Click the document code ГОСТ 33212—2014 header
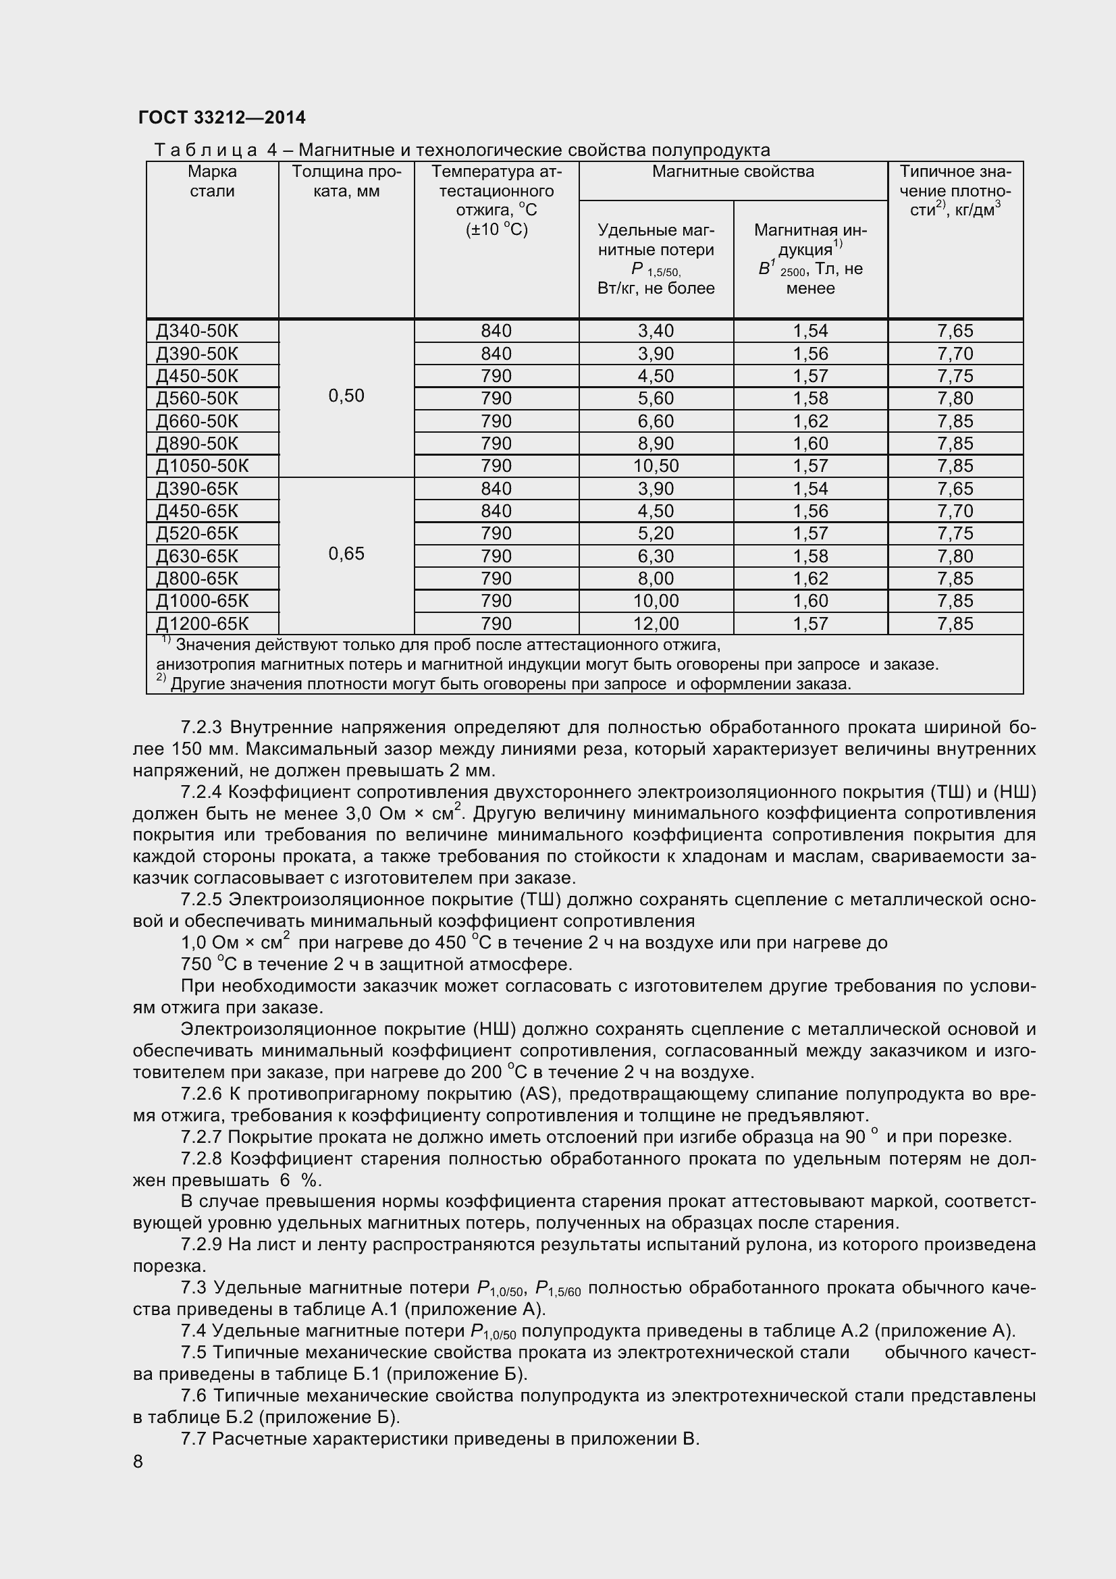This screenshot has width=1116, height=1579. pos(221,117)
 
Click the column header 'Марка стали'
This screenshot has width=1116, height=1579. pos(212,182)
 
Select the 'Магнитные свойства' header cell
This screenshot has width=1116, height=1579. pos(733,172)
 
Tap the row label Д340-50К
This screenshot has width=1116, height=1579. pos(197,331)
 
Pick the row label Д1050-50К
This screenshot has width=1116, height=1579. pos(202,466)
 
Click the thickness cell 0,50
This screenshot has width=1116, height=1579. pos(346,396)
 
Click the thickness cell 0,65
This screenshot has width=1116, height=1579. pos(346,554)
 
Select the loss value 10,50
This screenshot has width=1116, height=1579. pos(656,466)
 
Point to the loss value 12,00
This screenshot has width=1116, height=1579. pos(656,624)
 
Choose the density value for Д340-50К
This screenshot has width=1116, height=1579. pos(955,331)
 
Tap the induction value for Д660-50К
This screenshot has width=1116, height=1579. pos(810,421)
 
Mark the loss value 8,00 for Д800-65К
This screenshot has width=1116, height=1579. pos(656,579)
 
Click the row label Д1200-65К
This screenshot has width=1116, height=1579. pos(202,624)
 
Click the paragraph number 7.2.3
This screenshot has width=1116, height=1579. pos(202,728)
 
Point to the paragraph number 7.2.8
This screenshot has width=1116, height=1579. pos(202,1159)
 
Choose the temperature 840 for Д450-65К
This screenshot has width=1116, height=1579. pos(496,511)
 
